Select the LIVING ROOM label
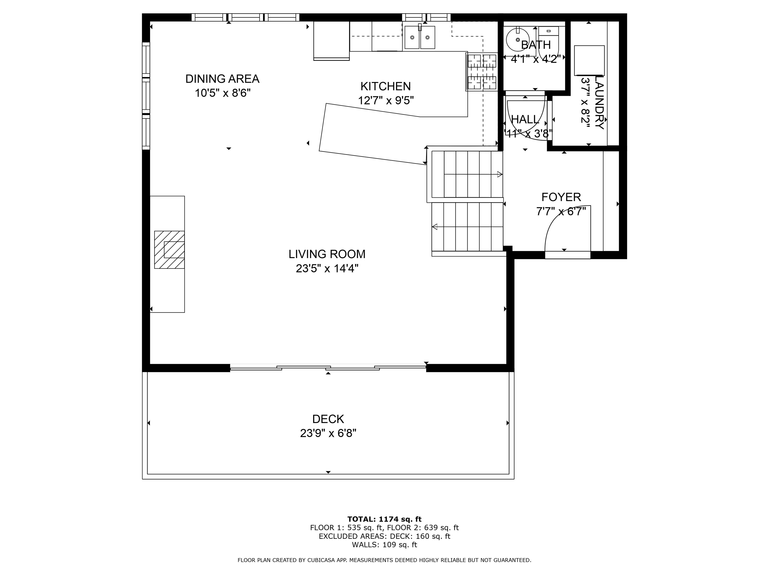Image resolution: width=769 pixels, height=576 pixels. [x=327, y=254]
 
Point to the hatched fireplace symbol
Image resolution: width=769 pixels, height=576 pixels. [x=170, y=250]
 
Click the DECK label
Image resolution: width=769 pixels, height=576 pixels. [x=328, y=419]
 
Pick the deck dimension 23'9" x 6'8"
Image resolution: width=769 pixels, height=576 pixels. [x=328, y=433]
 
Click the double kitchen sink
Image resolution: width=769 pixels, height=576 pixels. [x=420, y=37]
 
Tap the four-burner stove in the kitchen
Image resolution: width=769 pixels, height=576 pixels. [x=482, y=72]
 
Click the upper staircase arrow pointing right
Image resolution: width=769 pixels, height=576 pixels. [x=500, y=174]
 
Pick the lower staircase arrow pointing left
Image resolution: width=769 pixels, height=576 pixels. [x=435, y=227]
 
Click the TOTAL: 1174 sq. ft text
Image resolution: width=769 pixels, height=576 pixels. [x=384, y=519]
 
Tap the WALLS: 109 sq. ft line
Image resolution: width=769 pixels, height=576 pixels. [x=384, y=545]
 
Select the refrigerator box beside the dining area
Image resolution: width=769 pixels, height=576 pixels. [x=331, y=40]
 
